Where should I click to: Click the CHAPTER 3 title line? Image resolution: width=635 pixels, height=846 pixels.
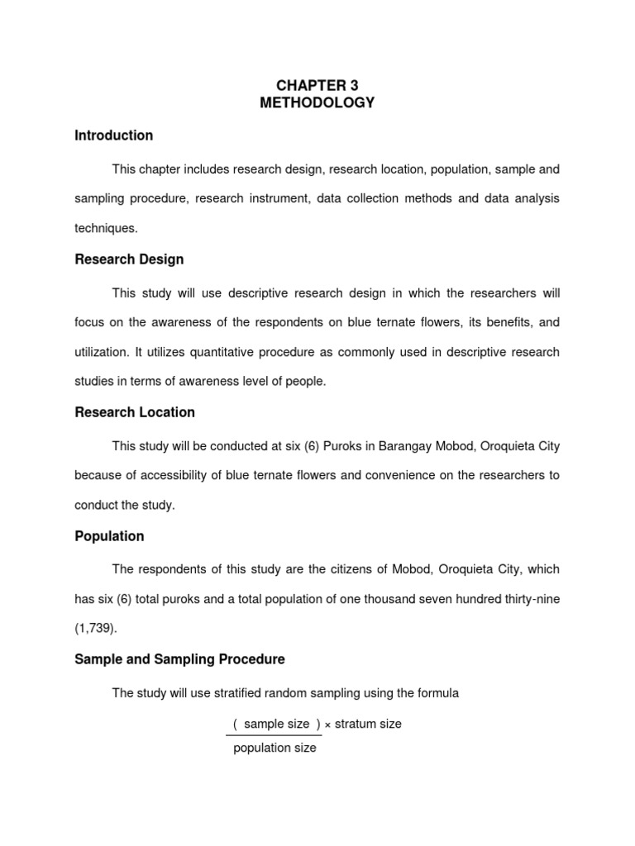(x=317, y=85)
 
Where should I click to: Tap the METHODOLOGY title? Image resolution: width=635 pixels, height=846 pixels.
(x=317, y=103)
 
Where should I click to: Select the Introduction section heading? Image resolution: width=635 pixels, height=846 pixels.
(x=113, y=135)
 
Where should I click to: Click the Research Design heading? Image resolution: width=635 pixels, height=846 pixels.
(x=129, y=259)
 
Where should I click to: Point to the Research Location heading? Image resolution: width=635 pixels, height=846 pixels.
(x=135, y=412)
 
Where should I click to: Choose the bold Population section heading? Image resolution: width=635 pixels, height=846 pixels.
(x=109, y=536)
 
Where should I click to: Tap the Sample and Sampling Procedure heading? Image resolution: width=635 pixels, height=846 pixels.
(x=179, y=659)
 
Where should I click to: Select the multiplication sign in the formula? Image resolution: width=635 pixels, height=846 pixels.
(x=327, y=725)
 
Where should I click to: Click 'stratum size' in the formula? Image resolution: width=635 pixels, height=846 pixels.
(x=368, y=724)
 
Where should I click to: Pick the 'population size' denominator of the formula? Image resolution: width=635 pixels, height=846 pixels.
(x=275, y=749)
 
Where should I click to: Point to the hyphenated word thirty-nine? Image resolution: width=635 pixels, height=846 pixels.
(x=528, y=599)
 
